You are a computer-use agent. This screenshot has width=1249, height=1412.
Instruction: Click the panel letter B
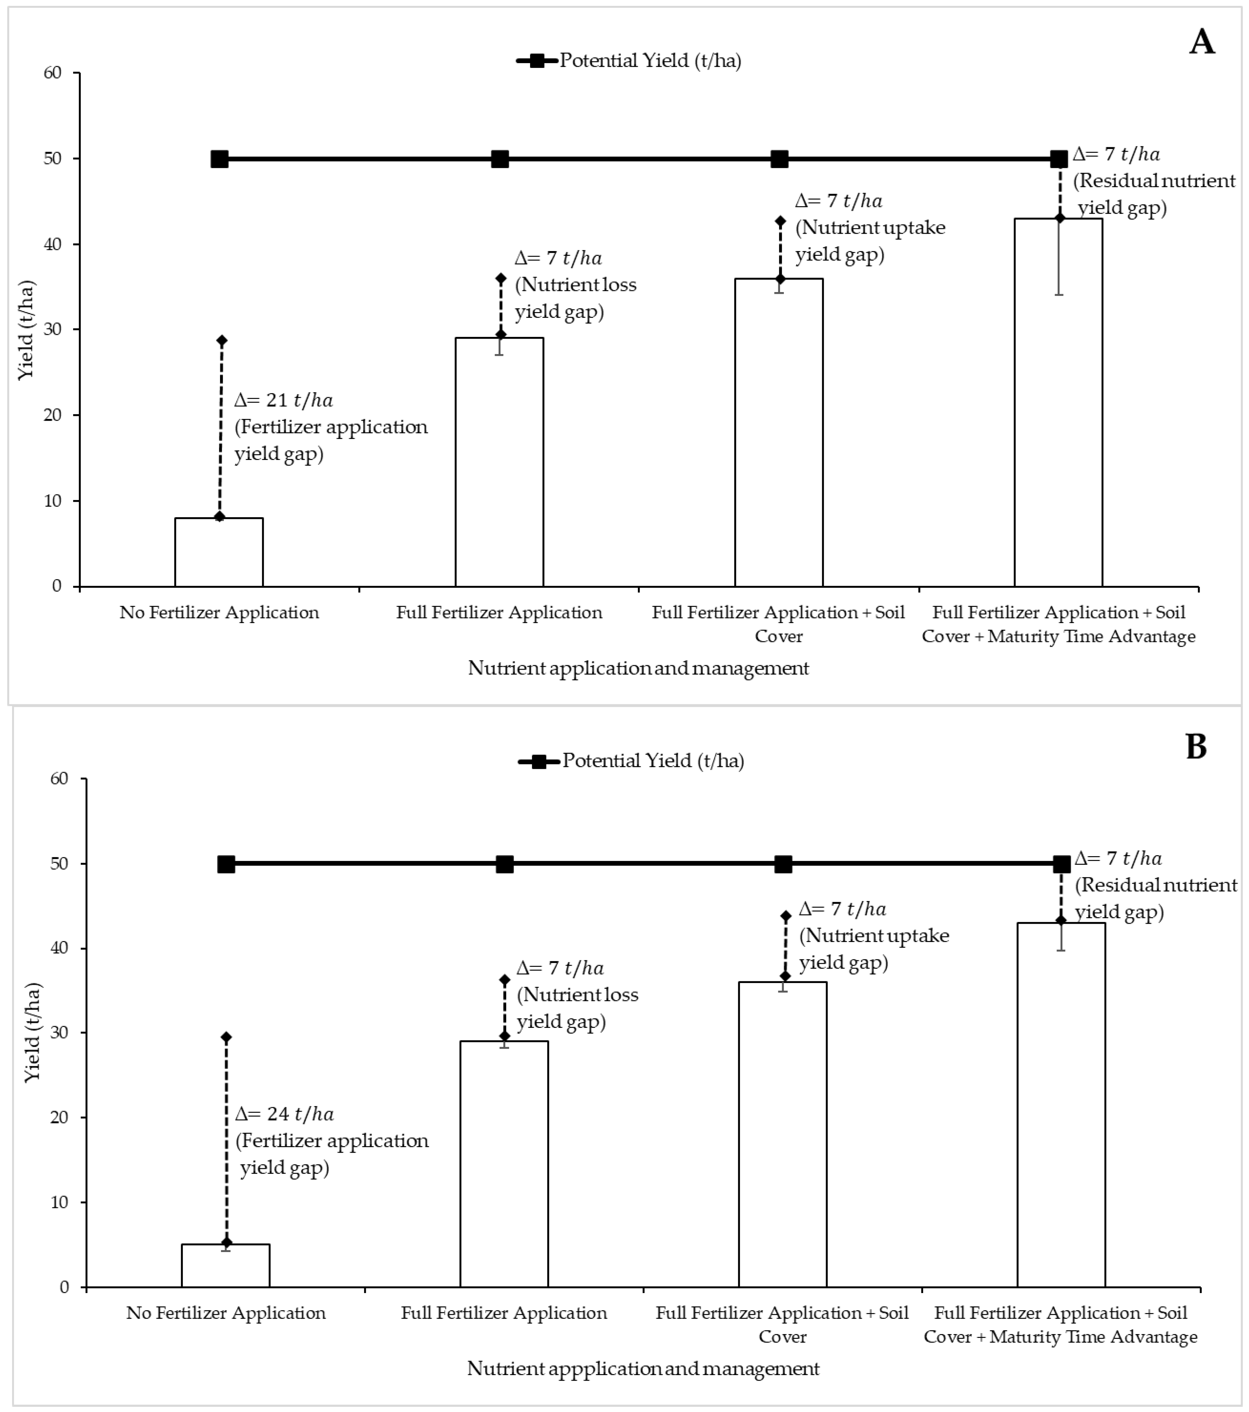1196,747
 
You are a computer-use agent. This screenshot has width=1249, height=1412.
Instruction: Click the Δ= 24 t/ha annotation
284,1114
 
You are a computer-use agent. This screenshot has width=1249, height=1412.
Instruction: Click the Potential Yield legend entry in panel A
629,61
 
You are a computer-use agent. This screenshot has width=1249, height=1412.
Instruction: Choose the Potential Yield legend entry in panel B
631,761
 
